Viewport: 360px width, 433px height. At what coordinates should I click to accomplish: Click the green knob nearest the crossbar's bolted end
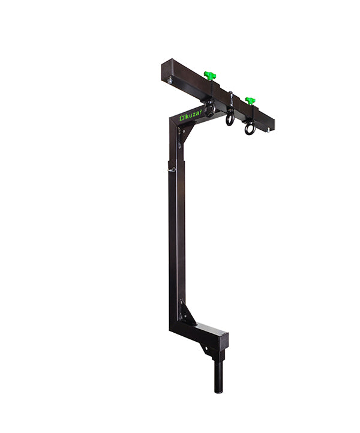point(209,76)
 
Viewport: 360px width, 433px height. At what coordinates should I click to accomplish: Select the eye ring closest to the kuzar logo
point(209,110)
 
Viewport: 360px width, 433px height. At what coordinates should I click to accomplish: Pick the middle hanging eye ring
point(230,119)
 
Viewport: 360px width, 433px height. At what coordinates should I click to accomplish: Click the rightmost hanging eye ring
point(250,127)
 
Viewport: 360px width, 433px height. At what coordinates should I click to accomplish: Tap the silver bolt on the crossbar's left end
point(170,79)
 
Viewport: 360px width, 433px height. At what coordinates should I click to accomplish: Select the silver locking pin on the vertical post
point(172,169)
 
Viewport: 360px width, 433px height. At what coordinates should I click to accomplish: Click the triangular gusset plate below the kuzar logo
point(184,133)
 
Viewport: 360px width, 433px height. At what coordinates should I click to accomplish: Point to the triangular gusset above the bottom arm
point(187,313)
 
